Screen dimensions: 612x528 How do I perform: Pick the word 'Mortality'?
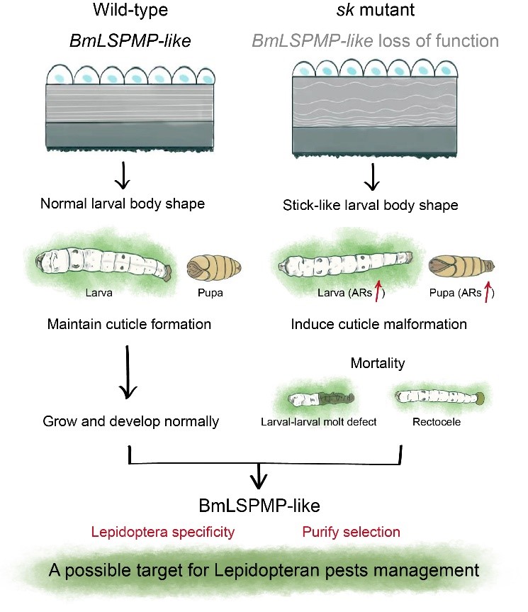click(378, 363)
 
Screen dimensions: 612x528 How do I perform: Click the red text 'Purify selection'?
click(351, 531)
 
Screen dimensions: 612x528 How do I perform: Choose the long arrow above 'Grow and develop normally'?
click(128, 372)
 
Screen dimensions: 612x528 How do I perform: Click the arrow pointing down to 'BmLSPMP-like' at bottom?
click(260, 477)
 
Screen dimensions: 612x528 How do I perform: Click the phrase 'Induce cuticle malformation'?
click(378, 325)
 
